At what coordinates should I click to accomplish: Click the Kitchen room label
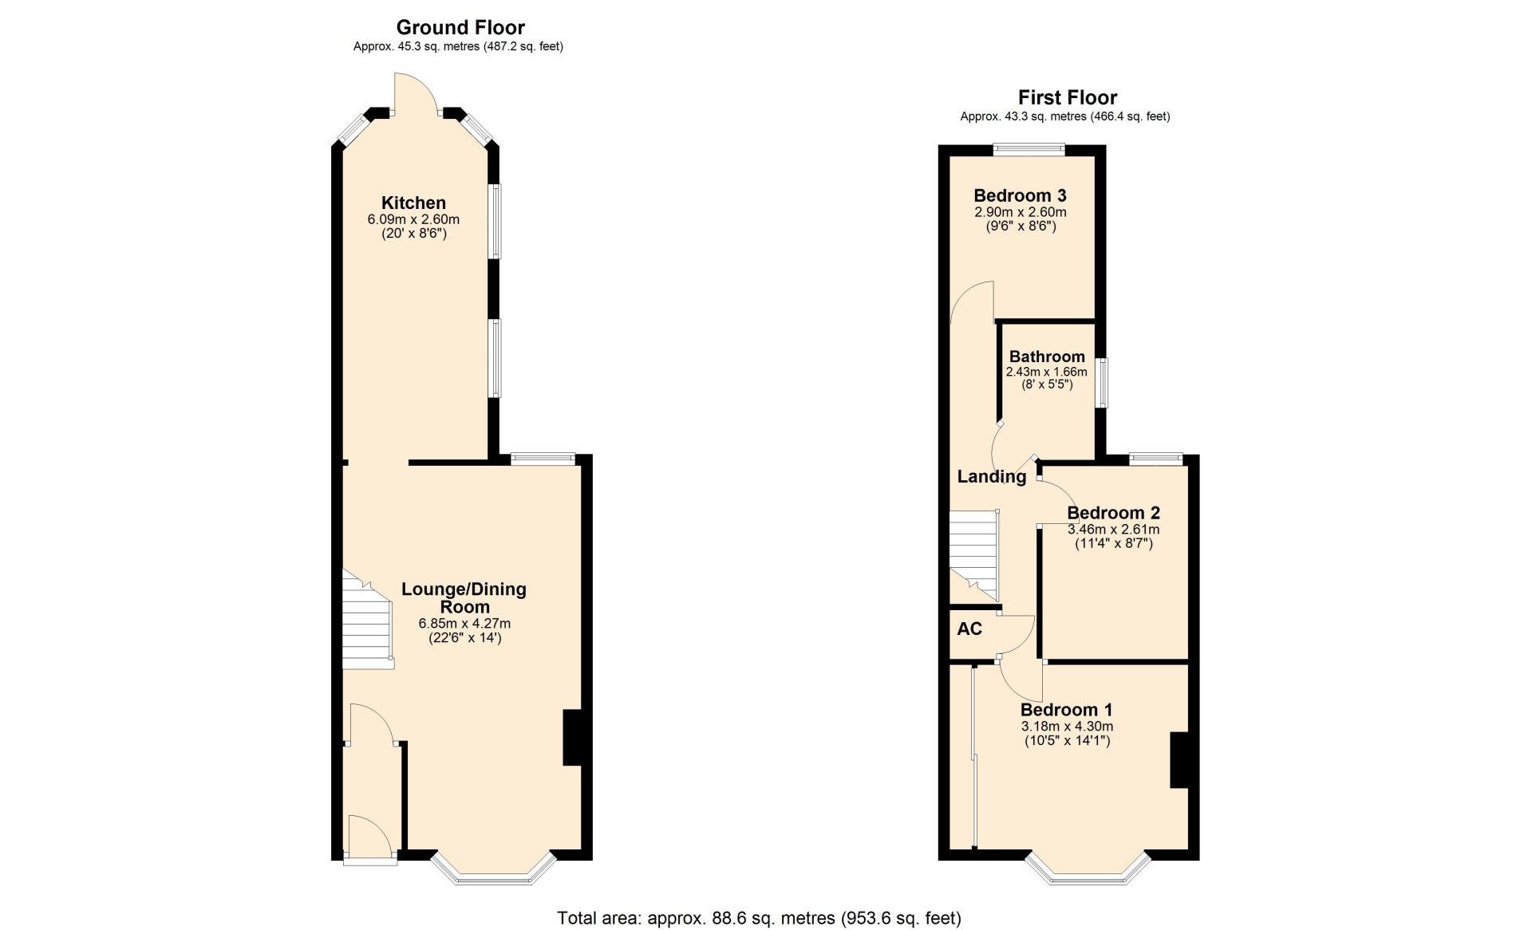click(x=413, y=203)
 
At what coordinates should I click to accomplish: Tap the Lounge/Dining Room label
click(x=464, y=598)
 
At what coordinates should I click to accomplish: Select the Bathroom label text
click(x=1047, y=357)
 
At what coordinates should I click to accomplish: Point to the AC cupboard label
click(x=969, y=629)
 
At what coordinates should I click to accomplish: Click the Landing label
click(x=992, y=476)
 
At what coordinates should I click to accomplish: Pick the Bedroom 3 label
click(x=1020, y=195)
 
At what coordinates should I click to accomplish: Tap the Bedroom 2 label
click(x=1113, y=513)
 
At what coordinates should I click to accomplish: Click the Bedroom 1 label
click(x=1067, y=710)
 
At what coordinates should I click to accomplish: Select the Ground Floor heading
click(x=460, y=27)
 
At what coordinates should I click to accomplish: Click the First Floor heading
click(x=1068, y=97)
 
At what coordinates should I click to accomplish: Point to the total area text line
click(x=759, y=918)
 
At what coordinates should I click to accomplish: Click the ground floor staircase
click(x=368, y=619)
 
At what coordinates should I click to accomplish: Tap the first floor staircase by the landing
click(x=974, y=555)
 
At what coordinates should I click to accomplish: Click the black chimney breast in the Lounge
click(x=572, y=738)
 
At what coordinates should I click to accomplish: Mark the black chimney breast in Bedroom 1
click(x=1179, y=760)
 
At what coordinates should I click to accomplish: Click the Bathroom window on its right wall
click(x=1101, y=383)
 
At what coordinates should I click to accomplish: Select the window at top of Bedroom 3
click(x=1029, y=148)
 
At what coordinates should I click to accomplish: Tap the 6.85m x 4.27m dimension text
click(x=464, y=624)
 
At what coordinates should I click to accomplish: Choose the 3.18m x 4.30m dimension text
click(x=1067, y=727)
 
